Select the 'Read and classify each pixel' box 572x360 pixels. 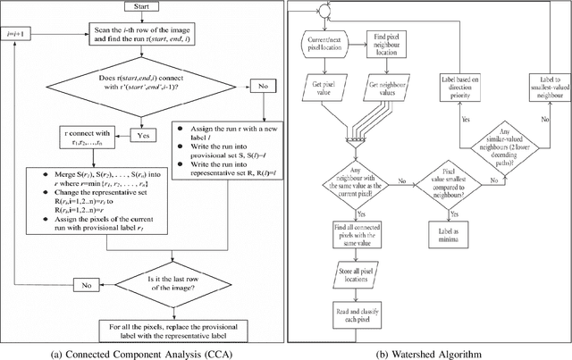coord(350,315)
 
